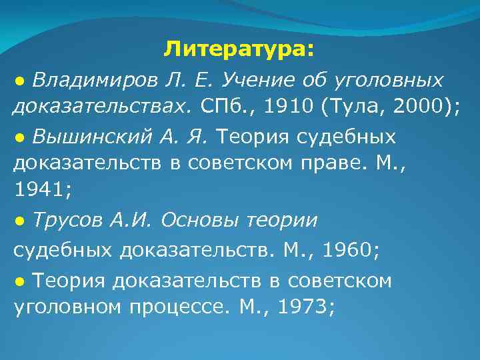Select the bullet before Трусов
(x=20, y=219)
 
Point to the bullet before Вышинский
(x=20, y=137)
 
